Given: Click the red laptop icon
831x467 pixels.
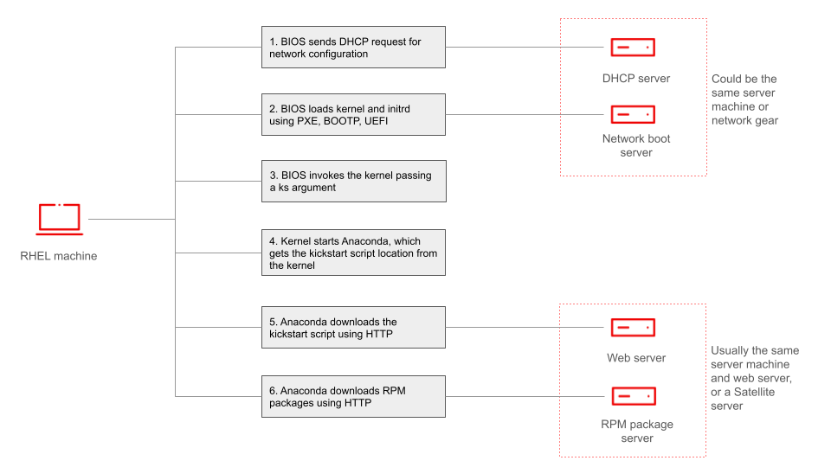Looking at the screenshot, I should pyautogui.click(x=59, y=219).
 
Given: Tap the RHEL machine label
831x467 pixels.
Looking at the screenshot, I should pyautogui.click(x=59, y=256).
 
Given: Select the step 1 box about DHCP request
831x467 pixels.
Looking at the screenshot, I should pyautogui.click(x=353, y=47).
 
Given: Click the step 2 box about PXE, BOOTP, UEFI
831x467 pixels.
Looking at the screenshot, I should pyautogui.click(x=353, y=114).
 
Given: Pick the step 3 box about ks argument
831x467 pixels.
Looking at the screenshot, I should pyautogui.click(x=353, y=181).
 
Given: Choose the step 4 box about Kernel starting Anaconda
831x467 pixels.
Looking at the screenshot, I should pyautogui.click(x=353, y=253).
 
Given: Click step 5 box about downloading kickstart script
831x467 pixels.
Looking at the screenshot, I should pyautogui.click(x=353, y=327).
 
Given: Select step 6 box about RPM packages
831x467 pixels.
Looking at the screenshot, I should pyautogui.click(x=353, y=396).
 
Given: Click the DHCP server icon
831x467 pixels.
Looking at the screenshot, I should pyautogui.click(x=633, y=48).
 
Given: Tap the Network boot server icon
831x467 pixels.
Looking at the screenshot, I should pyautogui.click(x=633, y=114).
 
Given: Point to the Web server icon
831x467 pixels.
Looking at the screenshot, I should pyautogui.click(x=633, y=327).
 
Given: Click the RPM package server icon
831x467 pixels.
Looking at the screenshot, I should pyautogui.click(x=633, y=396).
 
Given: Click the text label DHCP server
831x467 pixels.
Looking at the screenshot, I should pyautogui.click(x=636, y=79).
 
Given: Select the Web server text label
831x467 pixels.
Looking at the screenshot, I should pyautogui.click(x=636, y=358).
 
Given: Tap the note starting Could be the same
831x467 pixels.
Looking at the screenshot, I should pyautogui.click(x=744, y=99).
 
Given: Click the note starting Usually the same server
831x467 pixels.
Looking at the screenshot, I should pyautogui.click(x=754, y=378).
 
